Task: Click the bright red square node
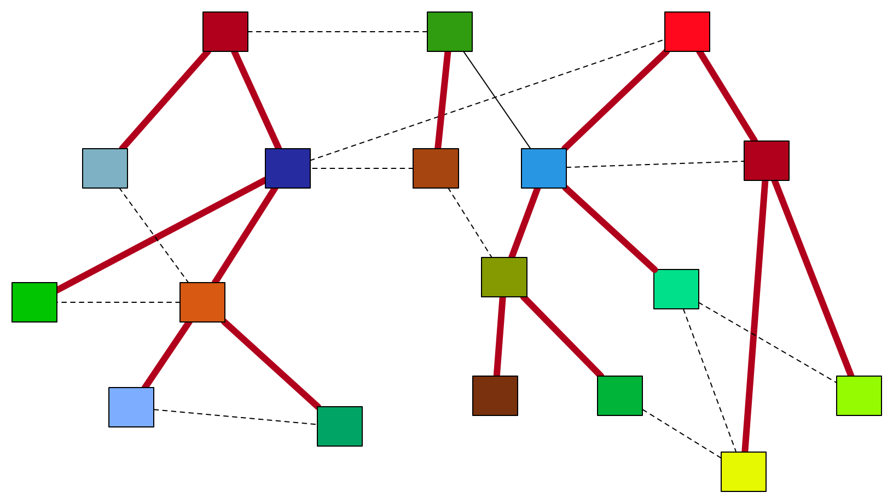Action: [x=687, y=32]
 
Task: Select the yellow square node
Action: [x=743, y=471]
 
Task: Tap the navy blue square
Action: [x=287, y=168]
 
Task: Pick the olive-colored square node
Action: [x=504, y=277]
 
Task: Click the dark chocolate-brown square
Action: [x=495, y=396]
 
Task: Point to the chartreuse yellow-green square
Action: [x=859, y=396]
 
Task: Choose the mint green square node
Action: [x=676, y=289]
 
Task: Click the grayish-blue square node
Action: [x=105, y=168]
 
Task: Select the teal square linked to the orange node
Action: [x=339, y=426]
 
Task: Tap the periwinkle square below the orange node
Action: [x=131, y=407]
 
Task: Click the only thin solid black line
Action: [x=497, y=99]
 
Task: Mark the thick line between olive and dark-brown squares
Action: [x=500, y=336]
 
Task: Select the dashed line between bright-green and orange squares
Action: [x=118, y=302]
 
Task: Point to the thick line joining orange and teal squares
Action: [x=271, y=364]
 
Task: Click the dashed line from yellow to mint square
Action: [x=709, y=380]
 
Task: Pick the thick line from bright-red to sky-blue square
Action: [x=616, y=100]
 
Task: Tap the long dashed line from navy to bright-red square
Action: [x=487, y=100]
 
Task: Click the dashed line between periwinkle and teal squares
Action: [x=235, y=417]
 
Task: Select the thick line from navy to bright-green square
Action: [x=161, y=236]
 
